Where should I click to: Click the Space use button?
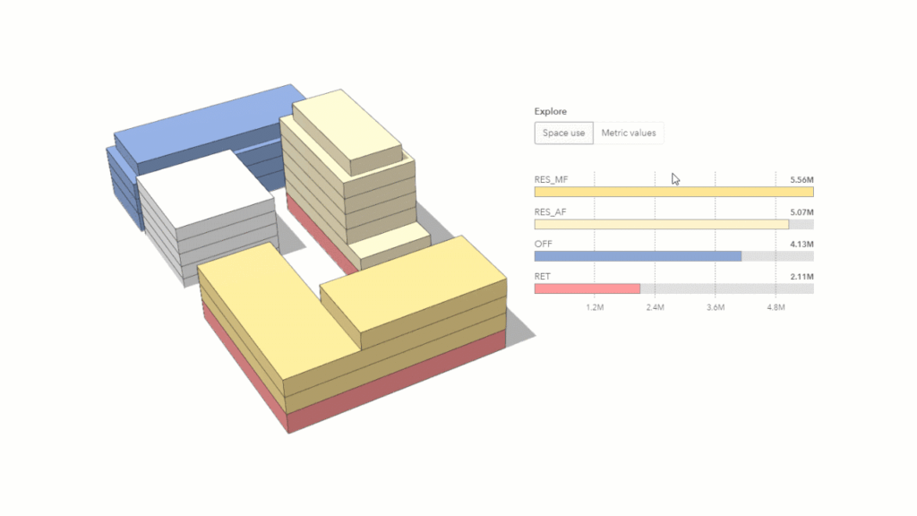click(564, 133)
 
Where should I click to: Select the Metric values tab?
click(628, 133)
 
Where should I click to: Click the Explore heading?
click(551, 112)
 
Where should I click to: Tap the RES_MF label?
click(552, 179)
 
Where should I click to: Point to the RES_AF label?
click(551, 211)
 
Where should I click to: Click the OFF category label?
click(544, 244)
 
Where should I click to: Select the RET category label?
click(543, 276)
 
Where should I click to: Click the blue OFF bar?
click(638, 256)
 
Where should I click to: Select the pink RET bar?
click(587, 288)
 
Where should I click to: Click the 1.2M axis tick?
click(595, 307)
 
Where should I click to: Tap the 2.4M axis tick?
click(655, 307)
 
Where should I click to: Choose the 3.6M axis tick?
click(715, 307)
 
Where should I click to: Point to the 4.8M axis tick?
click(776, 307)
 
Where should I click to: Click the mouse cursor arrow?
click(675, 178)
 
